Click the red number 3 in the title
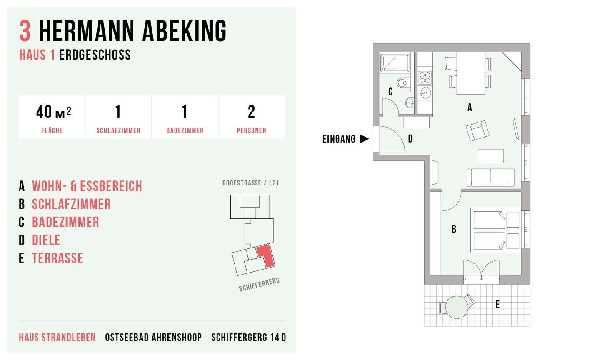(x=25, y=31)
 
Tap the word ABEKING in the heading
(x=185, y=31)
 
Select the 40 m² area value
(x=54, y=112)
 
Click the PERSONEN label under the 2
(x=251, y=130)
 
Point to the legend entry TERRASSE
(x=57, y=258)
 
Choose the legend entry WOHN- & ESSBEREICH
(x=87, y=186)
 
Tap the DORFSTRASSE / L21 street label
(x=251, y=183)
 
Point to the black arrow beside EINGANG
(x=364, y=139)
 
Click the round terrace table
(x=457, y=307)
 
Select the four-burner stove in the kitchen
(x=425, y=77)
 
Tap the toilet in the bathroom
(x=403, y=83)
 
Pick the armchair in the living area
(x=477, y=130)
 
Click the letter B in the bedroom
(x=454, y=229)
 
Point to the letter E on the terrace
(x=497, y=304)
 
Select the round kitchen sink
(x=425, y=93)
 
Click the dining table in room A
(x=471, y=73)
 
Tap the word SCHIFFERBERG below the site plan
(x=259, y=285)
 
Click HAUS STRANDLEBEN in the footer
(x=57, y=337)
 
